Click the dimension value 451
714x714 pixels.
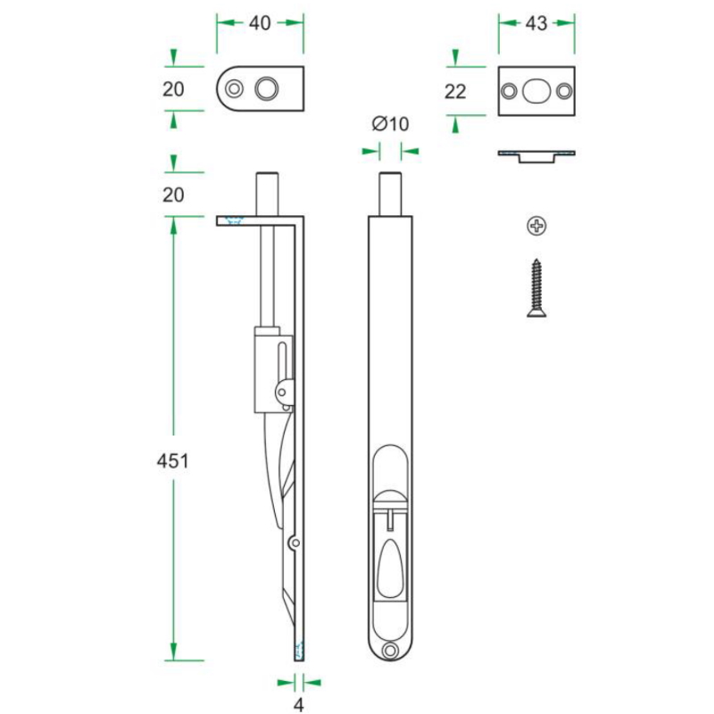pos(172,461)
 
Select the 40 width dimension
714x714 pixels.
pos(260,23)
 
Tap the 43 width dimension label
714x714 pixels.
pos(536,23)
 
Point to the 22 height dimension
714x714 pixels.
pos(455,92)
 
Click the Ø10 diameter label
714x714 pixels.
pos(390,124)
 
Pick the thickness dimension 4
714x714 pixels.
pos(298,704)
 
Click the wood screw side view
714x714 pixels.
pos(536,287)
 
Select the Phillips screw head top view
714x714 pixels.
pos(536,226)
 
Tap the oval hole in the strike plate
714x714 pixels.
pos(536,91)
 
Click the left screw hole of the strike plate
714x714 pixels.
pos(509,91)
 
